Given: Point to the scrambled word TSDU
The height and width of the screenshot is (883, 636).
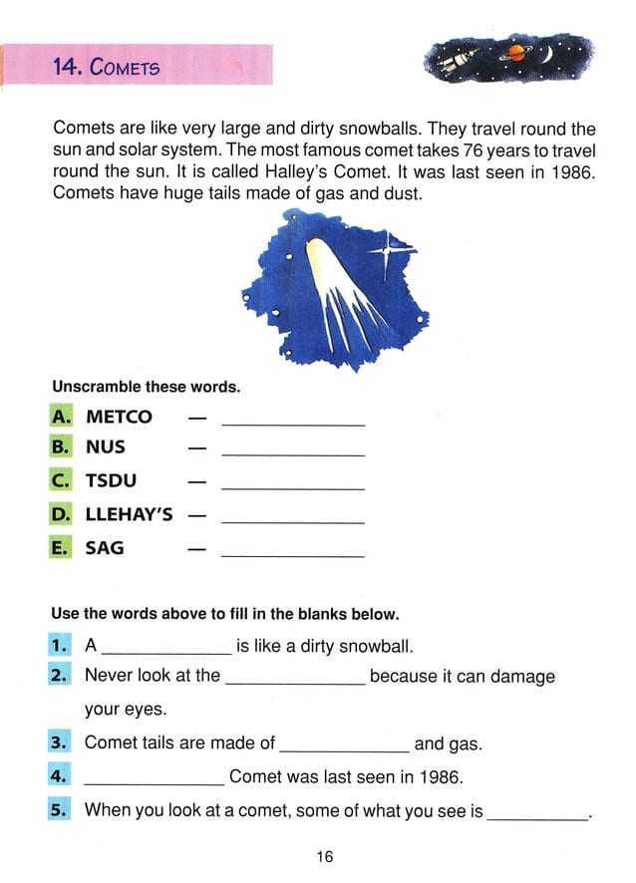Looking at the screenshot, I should click(x=111, y=482).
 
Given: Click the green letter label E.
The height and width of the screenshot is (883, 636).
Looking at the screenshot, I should click(x=61, y=548).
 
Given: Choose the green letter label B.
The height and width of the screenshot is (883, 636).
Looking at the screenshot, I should click(x=61, y=447).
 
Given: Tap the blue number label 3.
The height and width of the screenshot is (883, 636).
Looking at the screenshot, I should click(x=60, y=742).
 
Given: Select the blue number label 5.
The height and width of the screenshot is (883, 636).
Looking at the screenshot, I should click(x=60, y=809).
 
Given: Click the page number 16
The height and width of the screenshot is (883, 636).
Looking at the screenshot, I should click(x=324, y=855).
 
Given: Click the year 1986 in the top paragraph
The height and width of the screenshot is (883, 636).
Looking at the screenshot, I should click(x=573, y=171).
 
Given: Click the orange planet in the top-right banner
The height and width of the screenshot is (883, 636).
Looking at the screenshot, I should click(x=517, y=55).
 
